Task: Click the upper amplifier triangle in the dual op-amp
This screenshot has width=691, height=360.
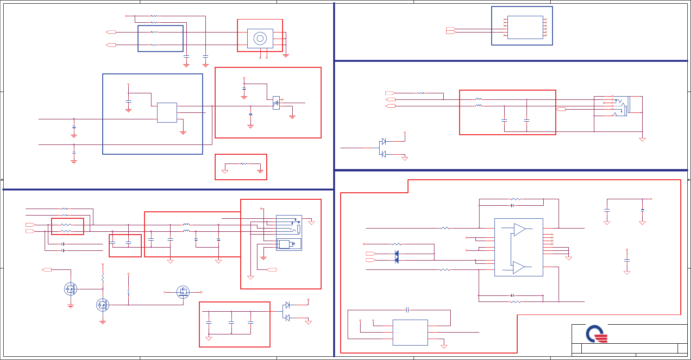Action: point(520,229)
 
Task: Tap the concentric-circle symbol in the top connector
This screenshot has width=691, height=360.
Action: point(260,38)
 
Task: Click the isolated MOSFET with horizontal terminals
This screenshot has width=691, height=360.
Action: point(183,292)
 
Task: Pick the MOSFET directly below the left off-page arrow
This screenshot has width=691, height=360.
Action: point(71,289)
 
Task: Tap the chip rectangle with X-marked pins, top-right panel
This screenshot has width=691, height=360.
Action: point(525,27)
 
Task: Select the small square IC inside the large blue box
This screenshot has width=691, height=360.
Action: point(167,112)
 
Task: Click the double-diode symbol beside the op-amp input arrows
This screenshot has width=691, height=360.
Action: point(396,257)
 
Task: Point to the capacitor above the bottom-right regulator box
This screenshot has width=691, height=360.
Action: point(407,309)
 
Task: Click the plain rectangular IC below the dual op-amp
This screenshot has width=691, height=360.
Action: point(410,332)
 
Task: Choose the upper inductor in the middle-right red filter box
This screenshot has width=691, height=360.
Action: point(478,99)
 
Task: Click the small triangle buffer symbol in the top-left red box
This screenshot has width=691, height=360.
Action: point(276,103)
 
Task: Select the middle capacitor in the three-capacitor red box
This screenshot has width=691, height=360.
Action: point(231,322)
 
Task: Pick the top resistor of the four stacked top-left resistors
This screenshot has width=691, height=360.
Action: point(154,16)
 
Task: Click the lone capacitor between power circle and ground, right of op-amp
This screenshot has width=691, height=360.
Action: point(626,261)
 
